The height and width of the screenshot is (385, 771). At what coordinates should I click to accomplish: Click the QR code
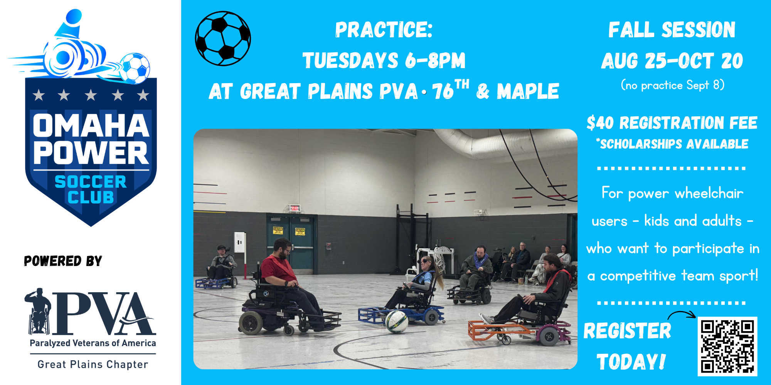[727, 346]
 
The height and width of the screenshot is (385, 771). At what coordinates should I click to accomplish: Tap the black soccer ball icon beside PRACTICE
[223, 38]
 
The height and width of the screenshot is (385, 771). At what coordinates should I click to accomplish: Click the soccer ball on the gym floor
[396, 321]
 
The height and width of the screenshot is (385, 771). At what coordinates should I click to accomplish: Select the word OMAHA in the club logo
[91, 125]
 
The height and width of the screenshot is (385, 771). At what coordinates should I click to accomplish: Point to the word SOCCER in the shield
[91, 182]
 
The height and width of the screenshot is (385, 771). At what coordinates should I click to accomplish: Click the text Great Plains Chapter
[93, 364]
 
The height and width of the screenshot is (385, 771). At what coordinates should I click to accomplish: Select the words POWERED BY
[63, 261]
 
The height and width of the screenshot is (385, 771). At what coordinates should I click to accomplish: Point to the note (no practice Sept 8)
[673, 85]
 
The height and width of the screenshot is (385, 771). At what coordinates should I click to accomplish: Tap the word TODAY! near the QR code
[631, 362]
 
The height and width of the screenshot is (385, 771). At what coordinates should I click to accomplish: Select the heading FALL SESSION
[672, 30]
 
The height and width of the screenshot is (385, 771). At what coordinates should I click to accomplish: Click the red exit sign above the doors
[295, 208]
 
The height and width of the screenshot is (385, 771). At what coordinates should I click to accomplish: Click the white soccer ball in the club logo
[135, 68]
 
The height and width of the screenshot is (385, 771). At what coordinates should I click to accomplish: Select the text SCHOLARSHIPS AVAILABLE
[674, 144]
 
